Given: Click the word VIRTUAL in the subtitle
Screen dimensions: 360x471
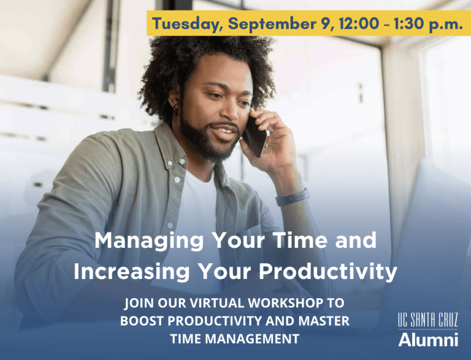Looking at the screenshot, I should point(205,303).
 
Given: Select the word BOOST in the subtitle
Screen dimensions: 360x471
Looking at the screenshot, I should point(140,320).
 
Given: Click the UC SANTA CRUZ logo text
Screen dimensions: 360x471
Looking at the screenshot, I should point(427,320).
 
